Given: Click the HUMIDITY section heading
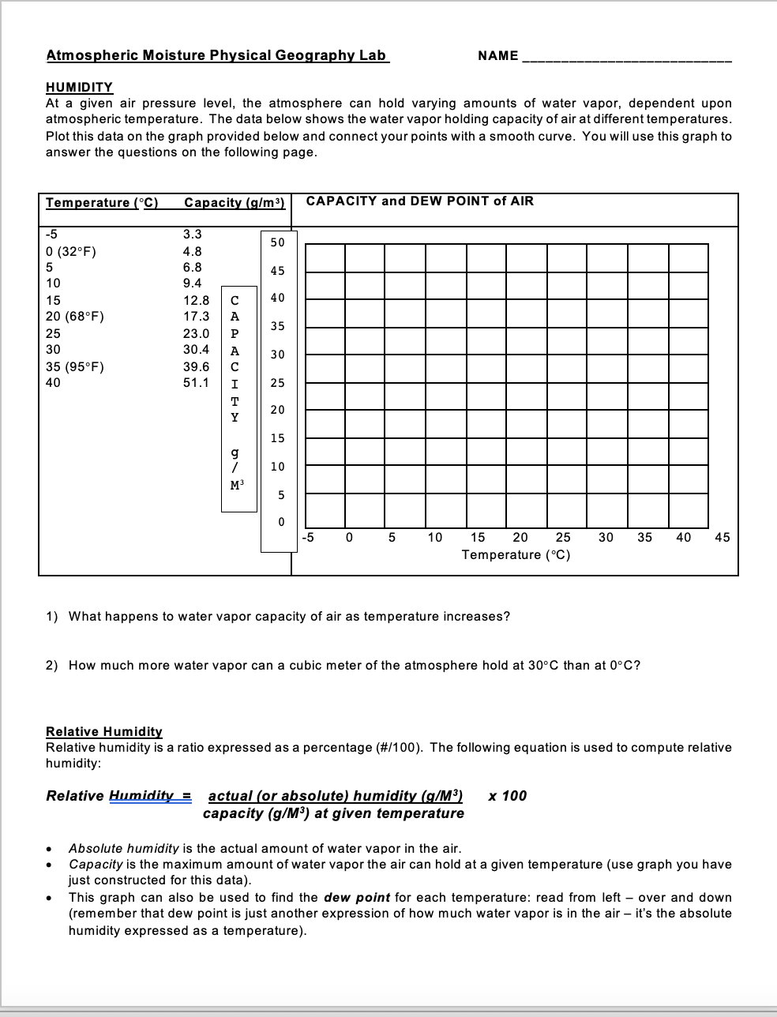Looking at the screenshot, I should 79,87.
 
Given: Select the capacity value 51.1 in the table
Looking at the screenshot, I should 196,382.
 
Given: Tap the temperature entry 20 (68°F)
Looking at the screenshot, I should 75,316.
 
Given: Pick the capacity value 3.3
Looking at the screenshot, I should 192,234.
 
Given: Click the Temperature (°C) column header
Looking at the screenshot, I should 102,202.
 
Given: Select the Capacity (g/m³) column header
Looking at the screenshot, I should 234,202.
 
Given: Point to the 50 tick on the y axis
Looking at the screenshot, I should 277,242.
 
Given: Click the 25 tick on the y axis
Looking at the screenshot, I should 277,383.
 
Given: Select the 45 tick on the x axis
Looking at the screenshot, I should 722,538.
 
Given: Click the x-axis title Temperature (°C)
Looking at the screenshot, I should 516,555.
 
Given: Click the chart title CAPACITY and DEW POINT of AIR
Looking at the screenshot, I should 419,201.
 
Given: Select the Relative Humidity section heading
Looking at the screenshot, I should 104,731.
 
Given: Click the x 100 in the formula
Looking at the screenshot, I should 507,795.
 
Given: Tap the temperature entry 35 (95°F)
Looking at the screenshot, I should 75,366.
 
